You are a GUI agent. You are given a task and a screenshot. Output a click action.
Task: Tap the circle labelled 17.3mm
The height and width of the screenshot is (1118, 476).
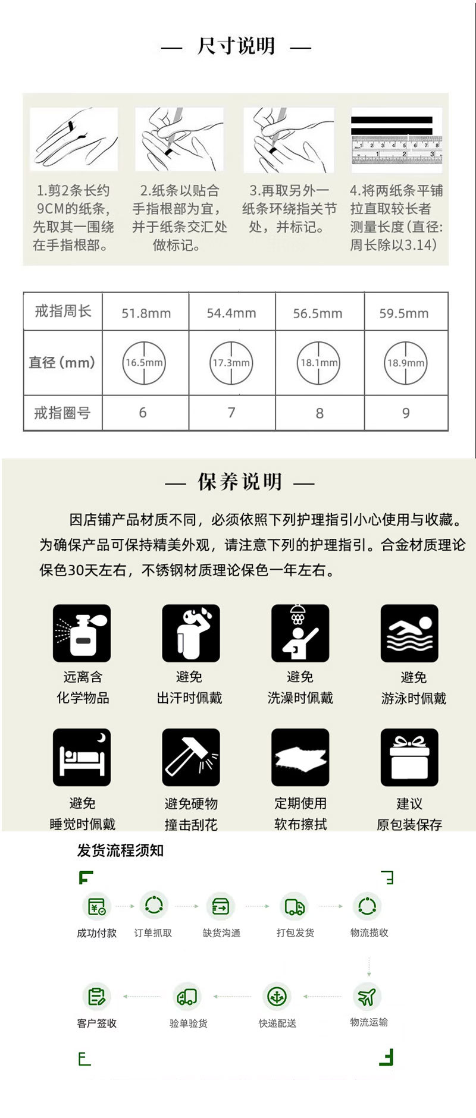[231, 363]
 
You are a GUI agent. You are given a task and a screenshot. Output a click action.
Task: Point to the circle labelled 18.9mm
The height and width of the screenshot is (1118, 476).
[406, 363]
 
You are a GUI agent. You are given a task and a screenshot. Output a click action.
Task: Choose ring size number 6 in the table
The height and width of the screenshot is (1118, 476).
[143, 413]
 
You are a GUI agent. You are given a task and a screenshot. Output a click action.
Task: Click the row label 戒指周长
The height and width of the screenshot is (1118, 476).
[62, 311]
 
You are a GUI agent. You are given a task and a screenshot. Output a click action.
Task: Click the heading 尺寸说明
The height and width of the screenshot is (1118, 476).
[236, 46]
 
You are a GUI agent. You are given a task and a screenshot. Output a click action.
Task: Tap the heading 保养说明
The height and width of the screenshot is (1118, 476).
[240, 482]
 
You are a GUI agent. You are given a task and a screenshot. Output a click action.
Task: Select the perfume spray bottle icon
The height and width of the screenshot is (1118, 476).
[82, 633]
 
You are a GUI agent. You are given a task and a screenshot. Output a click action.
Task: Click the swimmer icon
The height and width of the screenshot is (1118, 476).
[409, 633]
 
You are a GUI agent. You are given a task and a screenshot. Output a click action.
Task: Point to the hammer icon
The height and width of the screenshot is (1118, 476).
[191, 757]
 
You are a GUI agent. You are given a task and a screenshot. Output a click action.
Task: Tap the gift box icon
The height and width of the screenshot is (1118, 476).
[409, 757]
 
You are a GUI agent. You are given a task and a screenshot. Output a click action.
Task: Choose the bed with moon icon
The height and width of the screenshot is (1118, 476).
[82, 757]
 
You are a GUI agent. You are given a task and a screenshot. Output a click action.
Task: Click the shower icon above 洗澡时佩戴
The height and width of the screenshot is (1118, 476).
[300, 633]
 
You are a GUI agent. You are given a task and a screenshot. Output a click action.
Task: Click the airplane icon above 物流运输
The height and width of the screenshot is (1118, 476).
[367, 996]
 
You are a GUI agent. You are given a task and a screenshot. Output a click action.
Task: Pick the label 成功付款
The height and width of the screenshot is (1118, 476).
[96, 933]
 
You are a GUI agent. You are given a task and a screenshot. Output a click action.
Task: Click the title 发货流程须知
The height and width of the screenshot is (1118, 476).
[120, 850]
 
